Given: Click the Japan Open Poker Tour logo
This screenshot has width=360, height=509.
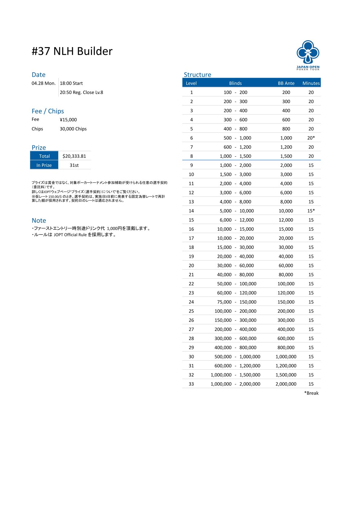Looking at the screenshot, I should click(308, 55).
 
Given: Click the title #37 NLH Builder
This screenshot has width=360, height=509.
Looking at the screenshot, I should click(72, 51).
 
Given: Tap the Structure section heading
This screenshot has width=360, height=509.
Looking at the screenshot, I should click(197, 75).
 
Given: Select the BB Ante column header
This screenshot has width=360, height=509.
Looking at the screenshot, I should click(286, 83).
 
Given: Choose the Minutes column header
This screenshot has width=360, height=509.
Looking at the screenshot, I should click(311, 83).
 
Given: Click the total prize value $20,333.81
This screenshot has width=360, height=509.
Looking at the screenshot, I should click(74, 156).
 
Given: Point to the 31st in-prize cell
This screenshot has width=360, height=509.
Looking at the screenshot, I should click(74, 165).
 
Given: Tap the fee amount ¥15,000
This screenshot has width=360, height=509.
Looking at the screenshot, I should click(68, 120).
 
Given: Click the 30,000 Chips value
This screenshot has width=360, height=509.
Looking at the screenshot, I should click(73, 129).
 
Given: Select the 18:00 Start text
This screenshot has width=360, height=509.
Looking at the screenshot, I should click(71, 83).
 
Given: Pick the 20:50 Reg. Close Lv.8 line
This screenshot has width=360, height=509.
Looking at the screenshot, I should click(81, 92).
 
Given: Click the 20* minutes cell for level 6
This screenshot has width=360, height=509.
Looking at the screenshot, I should click(311, 138).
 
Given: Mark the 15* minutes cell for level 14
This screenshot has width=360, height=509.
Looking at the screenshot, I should click(311, 211).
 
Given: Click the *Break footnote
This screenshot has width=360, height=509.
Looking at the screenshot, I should click(311, 393).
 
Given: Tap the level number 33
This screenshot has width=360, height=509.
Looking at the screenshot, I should click(191, 384).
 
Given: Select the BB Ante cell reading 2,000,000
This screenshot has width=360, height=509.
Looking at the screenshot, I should click(286, 384).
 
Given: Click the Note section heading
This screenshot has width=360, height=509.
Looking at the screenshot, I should click(39, 220).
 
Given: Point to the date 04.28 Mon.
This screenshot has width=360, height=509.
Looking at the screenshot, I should click(44, 83).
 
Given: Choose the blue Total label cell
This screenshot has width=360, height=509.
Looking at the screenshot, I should click(44, 156).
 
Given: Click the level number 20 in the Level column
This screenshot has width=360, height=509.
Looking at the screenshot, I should click(191, 265).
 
